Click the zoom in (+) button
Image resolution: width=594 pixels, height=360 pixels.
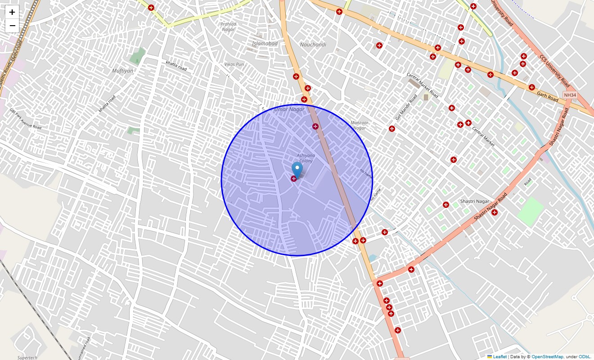pyautogui.click(x=12, y=12)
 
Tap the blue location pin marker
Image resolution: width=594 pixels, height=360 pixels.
pyautogui.click(x=297, y=170)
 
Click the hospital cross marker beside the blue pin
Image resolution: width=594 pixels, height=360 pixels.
pyautogui.click(x=294, y=179)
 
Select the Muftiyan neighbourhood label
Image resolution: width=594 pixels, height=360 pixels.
pyautogui.click(x=122, y=71)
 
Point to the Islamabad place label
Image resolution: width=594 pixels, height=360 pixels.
pyautogui.click(x=265, y=44)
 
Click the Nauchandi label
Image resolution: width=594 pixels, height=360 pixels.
pyautogui.click(x=313, y=45)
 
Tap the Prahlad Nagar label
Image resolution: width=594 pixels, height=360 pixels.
pyautogui.click(x=229, y=27)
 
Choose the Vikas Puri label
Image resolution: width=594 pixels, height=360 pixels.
pyautogui.click(x=234, y=64)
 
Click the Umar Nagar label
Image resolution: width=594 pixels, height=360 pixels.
pyautogui.click(x=289, y=109)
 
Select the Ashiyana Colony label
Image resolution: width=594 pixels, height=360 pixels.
pyautogui.click(x=306, y=158)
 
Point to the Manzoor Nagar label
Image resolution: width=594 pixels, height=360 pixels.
pyautogui.click(x=359, y=125)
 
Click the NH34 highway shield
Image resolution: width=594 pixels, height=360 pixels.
pyautogui.click(x=569, y=95)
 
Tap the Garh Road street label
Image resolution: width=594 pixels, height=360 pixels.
pyautogui.click(x=547, y=96)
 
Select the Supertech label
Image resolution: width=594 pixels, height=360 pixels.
pyautogui.click(x=27, y=357)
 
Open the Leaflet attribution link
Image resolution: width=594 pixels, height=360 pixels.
pyautogui.click(x=499, y=357)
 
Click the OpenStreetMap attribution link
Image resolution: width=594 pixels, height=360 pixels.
pyautogui.click(x=547, y=357)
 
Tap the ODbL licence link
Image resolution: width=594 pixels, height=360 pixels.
pyautogui.click(x=585, y=357)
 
